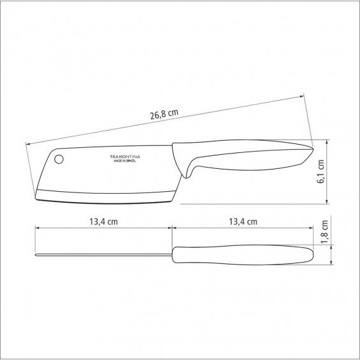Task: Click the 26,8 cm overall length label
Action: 164,114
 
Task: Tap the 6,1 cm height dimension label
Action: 320,171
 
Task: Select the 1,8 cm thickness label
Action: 325,232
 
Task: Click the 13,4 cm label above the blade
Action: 104,222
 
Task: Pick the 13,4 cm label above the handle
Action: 243,222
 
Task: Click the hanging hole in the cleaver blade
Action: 59,159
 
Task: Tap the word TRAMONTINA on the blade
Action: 125,157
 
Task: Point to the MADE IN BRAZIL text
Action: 125,161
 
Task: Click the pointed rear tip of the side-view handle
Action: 313,148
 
